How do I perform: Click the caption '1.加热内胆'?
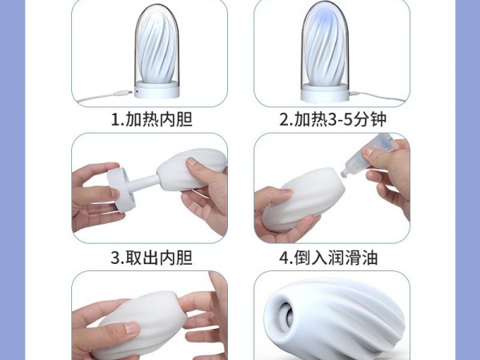pyautogui.click(x=151, y=119)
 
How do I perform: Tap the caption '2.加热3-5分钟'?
pyautogui.click(x=333, y=119)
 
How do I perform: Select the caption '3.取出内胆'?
pyautogui.click(x=151, y=258)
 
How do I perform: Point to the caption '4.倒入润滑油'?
pyautogui.click(x=329, y=258)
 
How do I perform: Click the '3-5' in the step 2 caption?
pyautogui.click(x=340, y=120)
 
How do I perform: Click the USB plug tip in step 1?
pyautogui.click(x=130, y=91)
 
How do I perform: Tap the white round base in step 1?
pyautogui.click(x=157, y=90)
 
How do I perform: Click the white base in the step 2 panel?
pyautogui.click(x=325, y=92)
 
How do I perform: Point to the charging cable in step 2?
pyautogui.click(x=379, y=98)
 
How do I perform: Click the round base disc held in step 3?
pyautogui.click(x=121, y=190)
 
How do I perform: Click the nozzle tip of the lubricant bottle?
pyautogui.click(x=344, y=174)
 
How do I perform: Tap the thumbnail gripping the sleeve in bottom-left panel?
pyautogui.click(x=132, y=329)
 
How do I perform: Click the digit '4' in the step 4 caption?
pyautogui.click(x=284, y=258)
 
